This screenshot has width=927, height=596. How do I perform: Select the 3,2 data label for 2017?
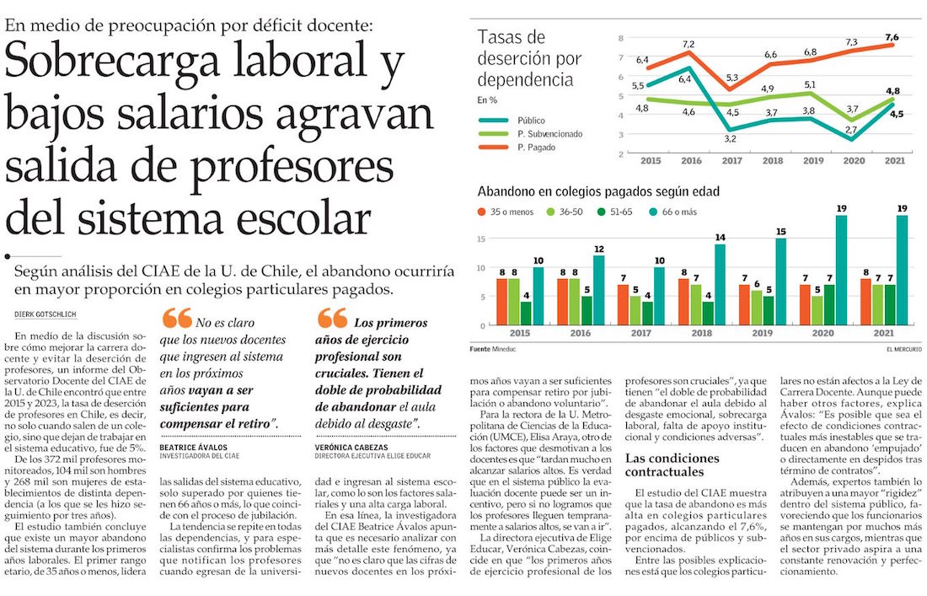coord(730,138)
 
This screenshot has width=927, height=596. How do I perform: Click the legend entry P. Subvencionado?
coord(550,133)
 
